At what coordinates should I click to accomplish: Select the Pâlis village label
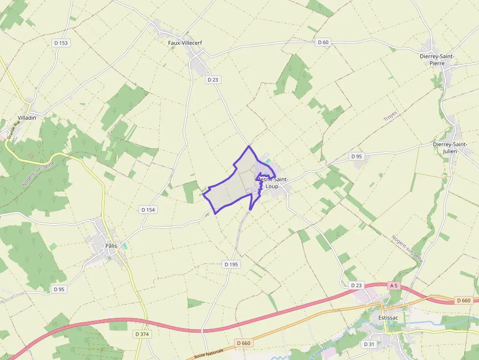[111, 246]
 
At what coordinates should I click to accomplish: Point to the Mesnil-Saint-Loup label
[272, 183]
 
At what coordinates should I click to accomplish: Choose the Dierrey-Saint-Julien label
[450, 148]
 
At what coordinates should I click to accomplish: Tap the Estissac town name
[388, 318]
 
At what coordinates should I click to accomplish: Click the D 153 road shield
[61, 43]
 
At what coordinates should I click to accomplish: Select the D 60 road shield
[323, 42]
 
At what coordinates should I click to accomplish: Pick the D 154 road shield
[148, 210]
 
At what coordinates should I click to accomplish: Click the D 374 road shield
[141, 334]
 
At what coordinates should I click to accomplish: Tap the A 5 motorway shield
[394, 285]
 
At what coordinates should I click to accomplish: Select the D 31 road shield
[369, 344]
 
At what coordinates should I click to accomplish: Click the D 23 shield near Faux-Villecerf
[213, 80]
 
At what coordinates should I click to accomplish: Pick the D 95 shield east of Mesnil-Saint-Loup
[357, 156]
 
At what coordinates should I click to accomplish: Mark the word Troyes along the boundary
[391, 116]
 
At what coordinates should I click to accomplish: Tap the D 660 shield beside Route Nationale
[243, 343]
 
